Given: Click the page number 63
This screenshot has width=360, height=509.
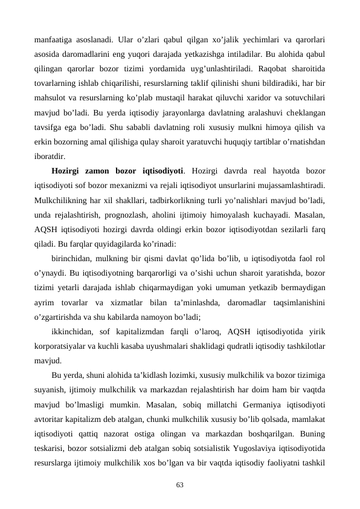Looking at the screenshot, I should click(x=179, y=485).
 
